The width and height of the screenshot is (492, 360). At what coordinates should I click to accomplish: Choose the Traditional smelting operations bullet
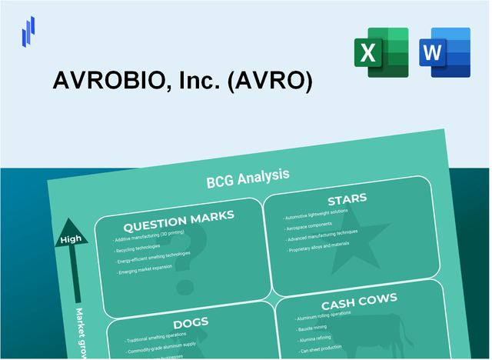coord(158,340)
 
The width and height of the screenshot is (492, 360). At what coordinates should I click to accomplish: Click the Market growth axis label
coord(78,332)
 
